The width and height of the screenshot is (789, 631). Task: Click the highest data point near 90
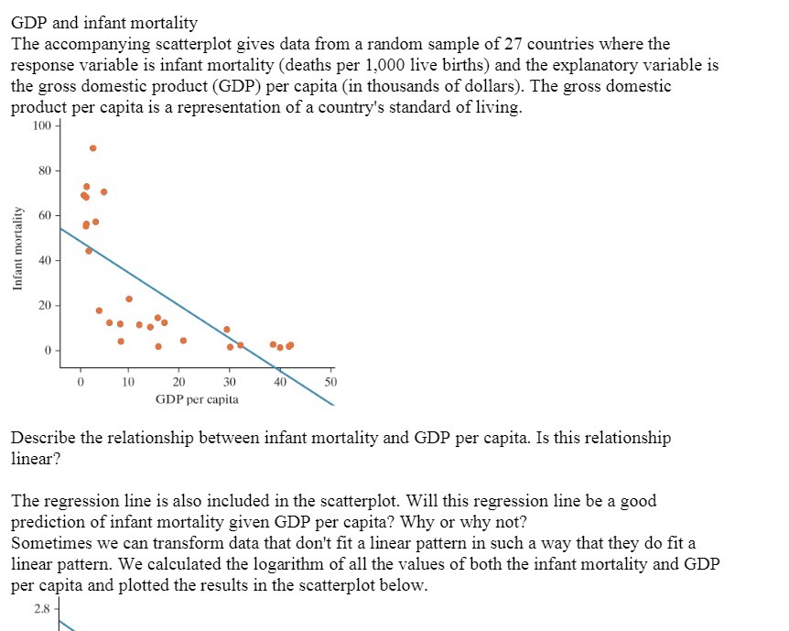click(92, 147)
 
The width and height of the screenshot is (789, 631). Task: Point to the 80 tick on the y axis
click(45, 169)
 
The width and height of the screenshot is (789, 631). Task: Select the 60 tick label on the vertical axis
click(45, 215)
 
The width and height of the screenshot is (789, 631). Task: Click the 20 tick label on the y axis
click(45, 305)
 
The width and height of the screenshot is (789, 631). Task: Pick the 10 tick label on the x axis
click(129, 381)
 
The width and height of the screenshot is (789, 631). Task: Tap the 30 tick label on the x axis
click(230, 381)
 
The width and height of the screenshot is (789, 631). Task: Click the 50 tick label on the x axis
click(331, 381)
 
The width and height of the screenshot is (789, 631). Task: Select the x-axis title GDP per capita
click(197, 399)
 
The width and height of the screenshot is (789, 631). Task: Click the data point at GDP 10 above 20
click(129, 299)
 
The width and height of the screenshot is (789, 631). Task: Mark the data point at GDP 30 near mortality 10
click(227, 329)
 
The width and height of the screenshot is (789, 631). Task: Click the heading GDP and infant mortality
click(103, 22)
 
